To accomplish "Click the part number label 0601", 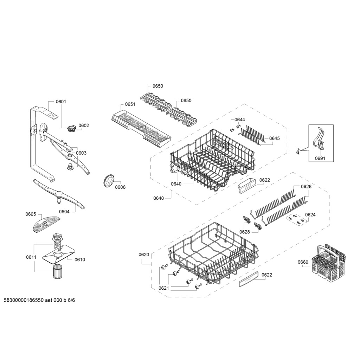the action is coord(61,102).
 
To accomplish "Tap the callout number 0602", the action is coord(84,126).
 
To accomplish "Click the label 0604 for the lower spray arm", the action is coord(64,211).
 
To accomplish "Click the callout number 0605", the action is coord(31,214).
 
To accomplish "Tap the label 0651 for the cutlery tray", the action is coord(130,104).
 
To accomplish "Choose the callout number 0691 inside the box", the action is coord(320,158).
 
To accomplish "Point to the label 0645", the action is coord(275,138).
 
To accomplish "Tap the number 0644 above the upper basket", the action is coord(240,120).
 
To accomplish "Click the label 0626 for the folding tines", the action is coord(306,186).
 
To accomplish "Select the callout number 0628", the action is coord(245,232).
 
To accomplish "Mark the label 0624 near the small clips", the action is coord(310,214).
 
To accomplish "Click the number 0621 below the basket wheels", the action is coord(164,288).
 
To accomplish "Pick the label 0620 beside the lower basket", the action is coord(144,255).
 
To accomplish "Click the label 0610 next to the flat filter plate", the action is coord(80,259).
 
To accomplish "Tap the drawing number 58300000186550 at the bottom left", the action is coord(24,300).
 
